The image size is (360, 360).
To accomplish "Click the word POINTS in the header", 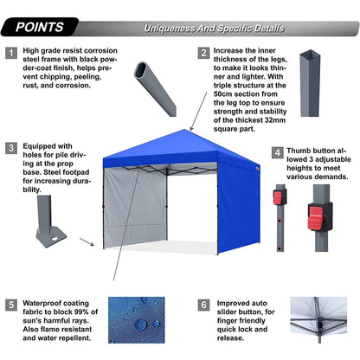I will coord(37,27).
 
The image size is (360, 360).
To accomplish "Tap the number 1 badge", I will coord(11,53).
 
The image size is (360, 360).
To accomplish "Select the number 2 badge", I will coord(204,53).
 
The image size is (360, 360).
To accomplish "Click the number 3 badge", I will coord(11,148).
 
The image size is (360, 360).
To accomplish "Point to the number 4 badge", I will coord(277,152).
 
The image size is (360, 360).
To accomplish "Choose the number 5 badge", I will coord(11,305).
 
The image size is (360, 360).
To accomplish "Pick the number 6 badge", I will coord(204,305).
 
